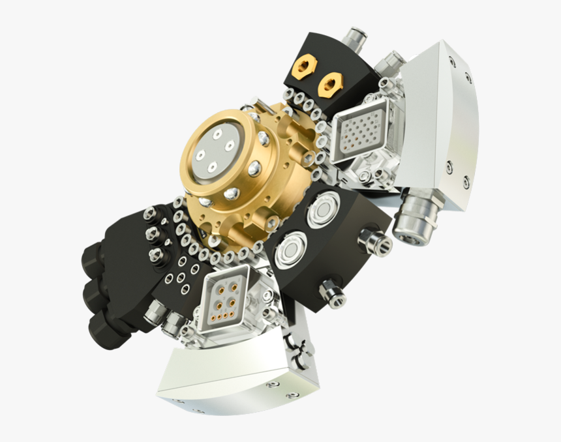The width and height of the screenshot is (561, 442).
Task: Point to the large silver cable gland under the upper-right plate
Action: tap(416, 215)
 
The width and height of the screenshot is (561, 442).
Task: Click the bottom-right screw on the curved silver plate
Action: tap(466, 183)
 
